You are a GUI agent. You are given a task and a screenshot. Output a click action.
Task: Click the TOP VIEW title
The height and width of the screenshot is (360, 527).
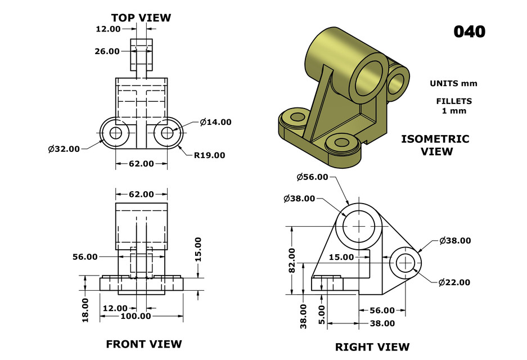coord(141,17)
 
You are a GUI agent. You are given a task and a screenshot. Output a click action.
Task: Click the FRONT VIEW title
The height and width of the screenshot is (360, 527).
coord(144,344)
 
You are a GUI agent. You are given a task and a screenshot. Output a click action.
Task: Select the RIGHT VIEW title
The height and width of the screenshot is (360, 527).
coord(372,346)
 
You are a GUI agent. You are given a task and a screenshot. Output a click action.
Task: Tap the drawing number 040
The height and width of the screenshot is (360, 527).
coord(469,31)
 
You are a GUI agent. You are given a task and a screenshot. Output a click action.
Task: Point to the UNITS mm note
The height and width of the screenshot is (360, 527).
coord(453,83)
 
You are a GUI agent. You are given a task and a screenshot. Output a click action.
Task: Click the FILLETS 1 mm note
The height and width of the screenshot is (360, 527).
coord(453,106)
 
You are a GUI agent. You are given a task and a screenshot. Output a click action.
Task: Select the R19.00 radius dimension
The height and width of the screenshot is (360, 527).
coord(209,155)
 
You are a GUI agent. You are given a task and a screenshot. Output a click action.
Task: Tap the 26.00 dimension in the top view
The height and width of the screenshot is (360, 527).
coord(107,51)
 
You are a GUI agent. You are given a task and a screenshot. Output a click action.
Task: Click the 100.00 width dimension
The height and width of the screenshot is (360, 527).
coord(136,316)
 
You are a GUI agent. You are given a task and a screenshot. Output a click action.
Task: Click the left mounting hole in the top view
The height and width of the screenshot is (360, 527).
coord(116,133)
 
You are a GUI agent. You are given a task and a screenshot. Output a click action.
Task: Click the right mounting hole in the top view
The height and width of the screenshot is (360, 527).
coord(166,133)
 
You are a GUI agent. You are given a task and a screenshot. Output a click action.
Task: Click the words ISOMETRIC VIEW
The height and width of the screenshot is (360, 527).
coord(435,145)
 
